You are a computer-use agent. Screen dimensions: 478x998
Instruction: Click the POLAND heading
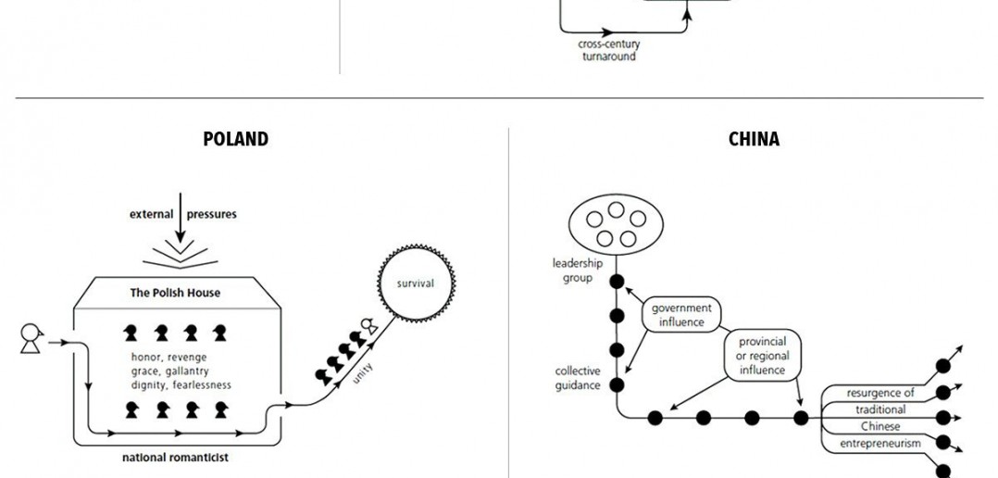[x=235, y=140]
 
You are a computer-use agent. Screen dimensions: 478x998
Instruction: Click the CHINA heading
[x=754, y=140]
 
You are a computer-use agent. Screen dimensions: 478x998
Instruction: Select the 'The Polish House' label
[x=175, y=293]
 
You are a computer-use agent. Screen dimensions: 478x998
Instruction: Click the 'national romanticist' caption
[x=174, y=457]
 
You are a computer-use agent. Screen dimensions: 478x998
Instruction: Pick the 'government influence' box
[x=681, y=315]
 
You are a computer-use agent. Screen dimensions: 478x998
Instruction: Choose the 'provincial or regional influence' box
[x=761, y=354]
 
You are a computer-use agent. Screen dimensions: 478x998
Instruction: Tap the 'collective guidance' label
[x=578, y=378]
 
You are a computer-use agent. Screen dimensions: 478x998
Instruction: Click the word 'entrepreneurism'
[x=879, y=445]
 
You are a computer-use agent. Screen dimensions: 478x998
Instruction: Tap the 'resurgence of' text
[x=880, y=393]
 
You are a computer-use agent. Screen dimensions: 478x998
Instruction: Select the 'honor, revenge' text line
[x=169, y=357]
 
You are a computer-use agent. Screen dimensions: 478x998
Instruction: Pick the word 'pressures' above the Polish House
[x=212, y=214]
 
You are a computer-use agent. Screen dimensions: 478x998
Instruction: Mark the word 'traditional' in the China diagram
[x=879, y=409]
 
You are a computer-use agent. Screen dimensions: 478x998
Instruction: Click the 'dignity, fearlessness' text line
[x=181, y=384]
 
